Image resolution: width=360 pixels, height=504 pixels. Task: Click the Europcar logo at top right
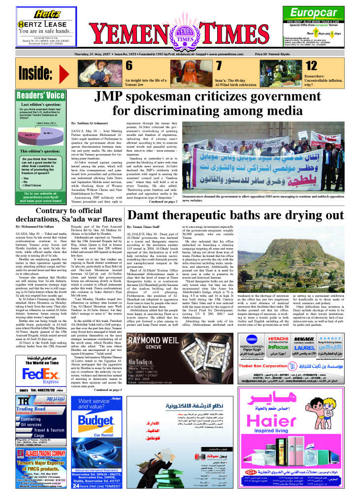(x=321, y=13)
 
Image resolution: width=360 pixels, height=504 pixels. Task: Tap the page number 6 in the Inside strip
(x=129, y=66)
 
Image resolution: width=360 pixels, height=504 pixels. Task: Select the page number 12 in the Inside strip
(x=311, y=66)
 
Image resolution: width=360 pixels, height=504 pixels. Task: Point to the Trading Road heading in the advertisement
(x=31, y=409)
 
